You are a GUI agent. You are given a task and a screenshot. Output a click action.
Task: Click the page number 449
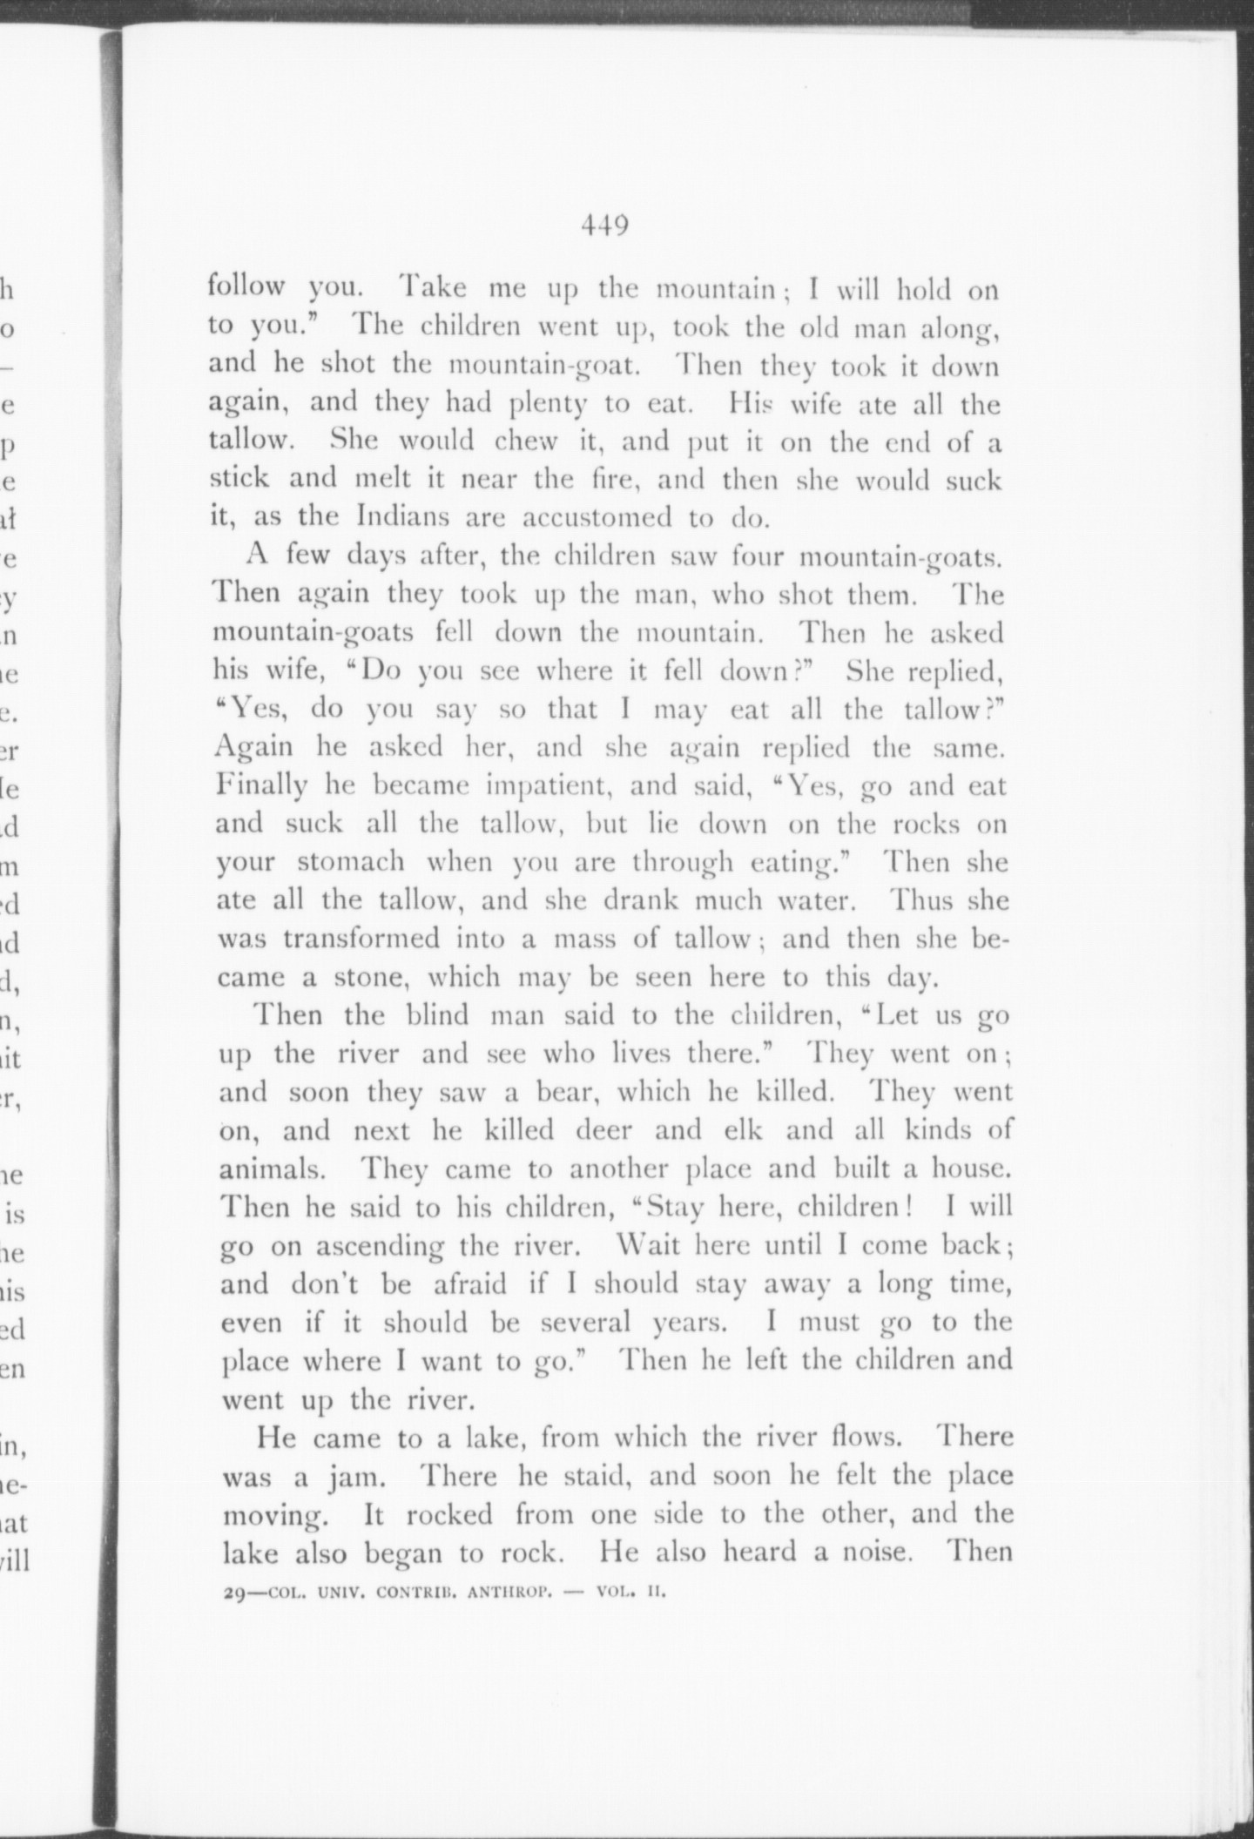[605, 226]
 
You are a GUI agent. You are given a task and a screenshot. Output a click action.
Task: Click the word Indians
[403, 516]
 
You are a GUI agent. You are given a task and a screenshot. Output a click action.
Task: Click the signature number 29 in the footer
[234, 1595]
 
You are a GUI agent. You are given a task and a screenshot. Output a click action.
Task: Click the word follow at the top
[246, 286]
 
